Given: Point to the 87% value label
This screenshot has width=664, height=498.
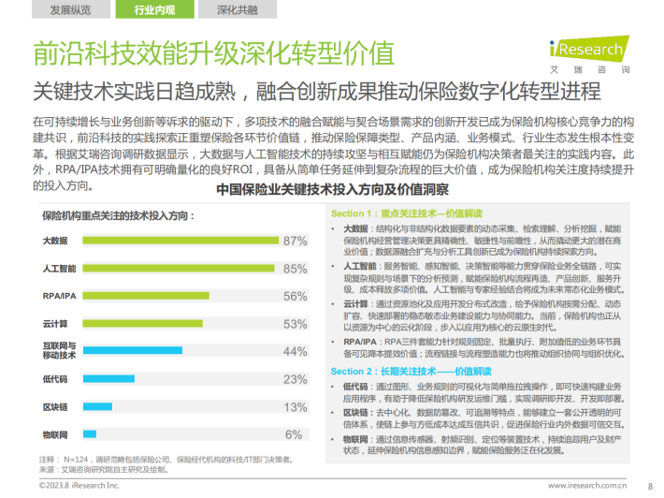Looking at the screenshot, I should point(296,241).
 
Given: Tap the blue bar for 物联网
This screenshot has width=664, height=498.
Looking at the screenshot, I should point(90,434).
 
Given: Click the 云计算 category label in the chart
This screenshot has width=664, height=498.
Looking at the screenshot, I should point(55,324).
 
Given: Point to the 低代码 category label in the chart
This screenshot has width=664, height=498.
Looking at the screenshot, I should point(55,379).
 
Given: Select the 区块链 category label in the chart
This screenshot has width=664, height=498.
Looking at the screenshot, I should point(55,407).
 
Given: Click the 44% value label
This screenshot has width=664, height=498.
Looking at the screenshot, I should point(296,351).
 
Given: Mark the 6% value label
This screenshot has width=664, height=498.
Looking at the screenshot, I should point(294,434).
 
